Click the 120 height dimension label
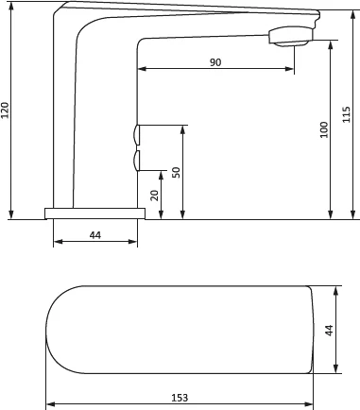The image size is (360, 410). pyautogui.click(x=6, y=111)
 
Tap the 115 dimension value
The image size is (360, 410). pyautogui.click(x=346, y=114)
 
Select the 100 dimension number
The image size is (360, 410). pyautogui.click(x=324, y=129)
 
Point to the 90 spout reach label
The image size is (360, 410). pyautogui.click(x=215, y=62)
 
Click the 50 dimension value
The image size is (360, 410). pyautogui.click(x=177, y=172)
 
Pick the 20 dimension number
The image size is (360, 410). pyautogui.click(x=154, y=196)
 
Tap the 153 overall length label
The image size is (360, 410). pyautogui.click(x=180, y=398)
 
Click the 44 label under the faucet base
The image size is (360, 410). pyautogui.click(x=95, y=235)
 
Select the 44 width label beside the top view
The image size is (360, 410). pyautogui.click(x=329, y=331)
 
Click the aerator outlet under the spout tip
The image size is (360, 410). pyautogui.click(x=290, y=43)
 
